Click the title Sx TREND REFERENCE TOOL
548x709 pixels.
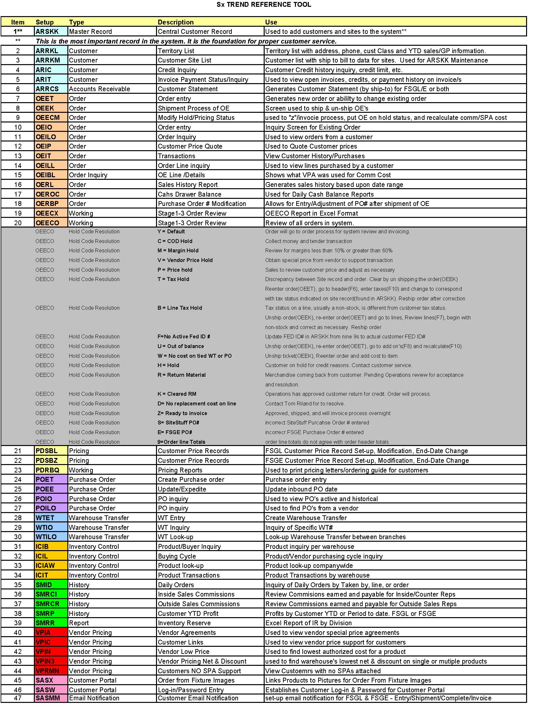pos(264,5)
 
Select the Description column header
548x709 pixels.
pos(176,22)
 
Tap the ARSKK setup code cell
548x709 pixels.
pos(47,32)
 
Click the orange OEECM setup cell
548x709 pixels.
pos(48,118)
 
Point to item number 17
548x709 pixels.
pos(18,194)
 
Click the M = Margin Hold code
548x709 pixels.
pos(178,251)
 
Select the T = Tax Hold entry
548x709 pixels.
pos(173,279)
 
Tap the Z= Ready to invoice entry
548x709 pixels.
pos(182,413)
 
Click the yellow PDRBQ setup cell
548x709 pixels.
pos(48,470)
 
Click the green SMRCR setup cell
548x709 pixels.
pos(48,604)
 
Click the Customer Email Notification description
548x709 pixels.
pos(198,698)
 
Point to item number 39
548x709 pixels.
pos(18,623)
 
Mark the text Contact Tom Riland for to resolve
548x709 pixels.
pos(305,403)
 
